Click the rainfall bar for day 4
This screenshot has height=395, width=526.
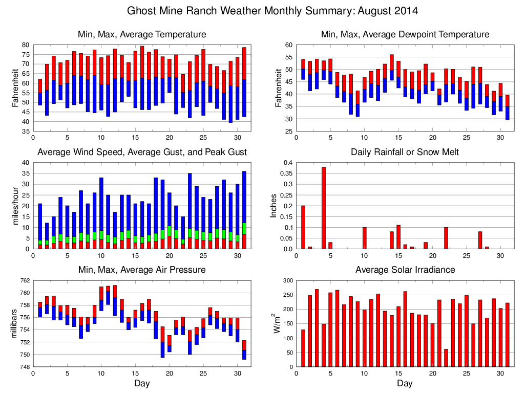324,208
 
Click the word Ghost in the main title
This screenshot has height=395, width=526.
140,11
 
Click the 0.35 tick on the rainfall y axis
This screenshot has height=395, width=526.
285,173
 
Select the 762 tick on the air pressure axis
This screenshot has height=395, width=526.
24,281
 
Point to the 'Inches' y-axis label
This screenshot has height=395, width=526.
275,206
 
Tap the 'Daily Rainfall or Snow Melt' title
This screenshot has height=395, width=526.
405,152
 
